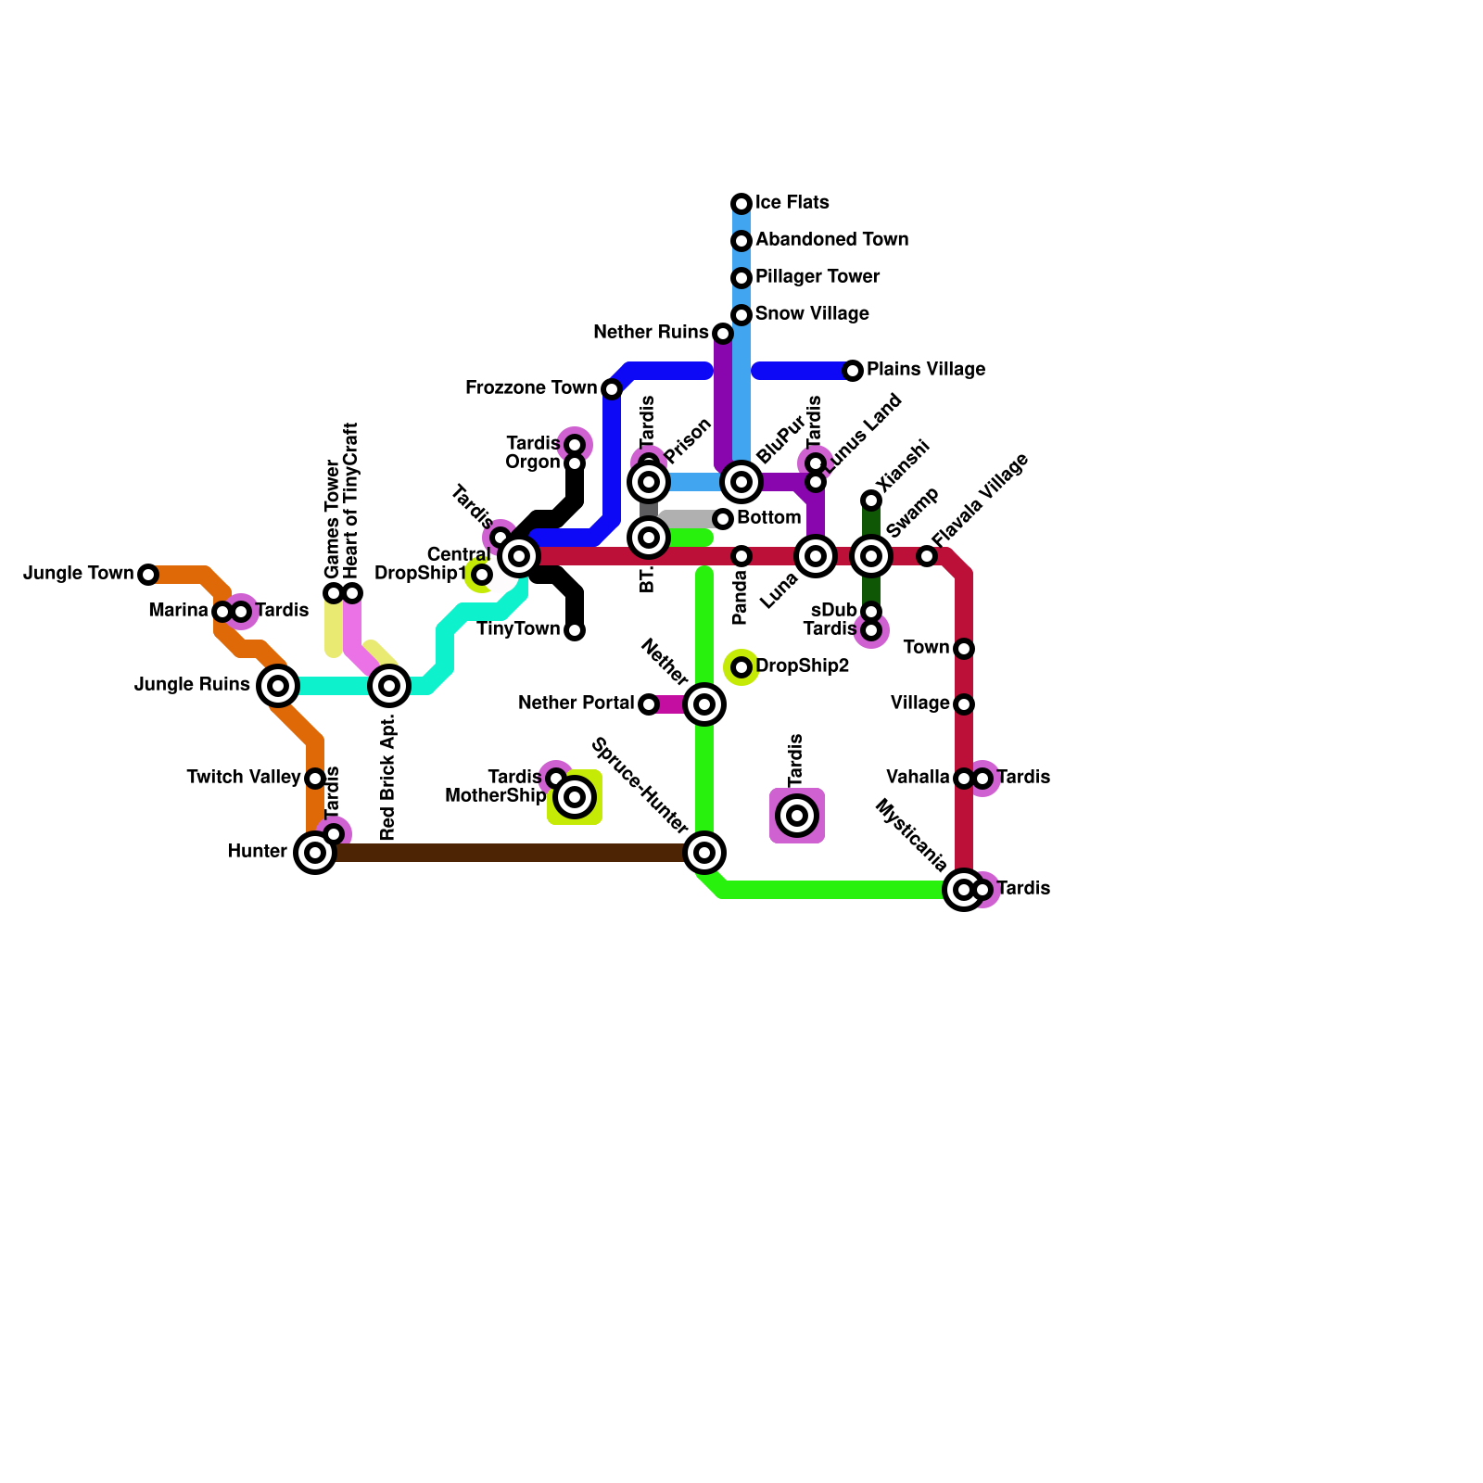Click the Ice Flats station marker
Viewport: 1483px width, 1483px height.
click(741, 204)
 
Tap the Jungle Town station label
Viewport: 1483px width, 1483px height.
click(79, 574)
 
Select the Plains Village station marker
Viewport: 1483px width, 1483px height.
click(853, 371)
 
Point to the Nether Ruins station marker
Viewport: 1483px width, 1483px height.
click(723, 334)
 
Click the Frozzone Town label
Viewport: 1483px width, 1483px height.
click(531, 387)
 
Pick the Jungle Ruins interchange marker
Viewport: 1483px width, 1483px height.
click(278, 686)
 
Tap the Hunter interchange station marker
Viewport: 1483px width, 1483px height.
click(315, 853)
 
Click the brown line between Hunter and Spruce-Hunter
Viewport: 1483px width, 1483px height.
click(510, 853)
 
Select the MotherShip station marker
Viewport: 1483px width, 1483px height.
click(575, 797)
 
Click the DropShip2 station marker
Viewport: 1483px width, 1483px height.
click(741, 667)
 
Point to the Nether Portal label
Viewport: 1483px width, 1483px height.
click(577, 703)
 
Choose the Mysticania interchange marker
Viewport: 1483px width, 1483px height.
click(964, 890)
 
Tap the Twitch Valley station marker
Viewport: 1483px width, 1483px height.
click(315, 779)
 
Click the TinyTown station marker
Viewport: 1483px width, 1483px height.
click(575, 630)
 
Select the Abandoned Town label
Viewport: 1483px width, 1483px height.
click(831, 240)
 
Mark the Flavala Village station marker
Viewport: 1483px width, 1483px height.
click(927, 556)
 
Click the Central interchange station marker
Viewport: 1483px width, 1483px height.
click(519, 556)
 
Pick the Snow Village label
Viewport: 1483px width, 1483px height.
click(812, 314)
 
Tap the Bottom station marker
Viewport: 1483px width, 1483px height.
click(723, 519)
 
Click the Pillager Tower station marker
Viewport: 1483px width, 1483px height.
click(741, 278)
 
